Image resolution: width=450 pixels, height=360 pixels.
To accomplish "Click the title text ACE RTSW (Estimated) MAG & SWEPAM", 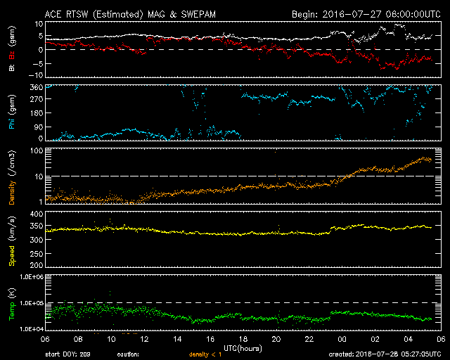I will click(x=121, y=13).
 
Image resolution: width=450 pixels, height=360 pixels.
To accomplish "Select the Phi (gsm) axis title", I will click(x=12, y=114).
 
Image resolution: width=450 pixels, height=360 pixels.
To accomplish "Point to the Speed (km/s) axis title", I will click(x=12, y=240).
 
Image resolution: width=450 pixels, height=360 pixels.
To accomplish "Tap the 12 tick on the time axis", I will click(x=144, y=339).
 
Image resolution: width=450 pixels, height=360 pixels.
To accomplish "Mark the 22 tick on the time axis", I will click(x=310, y=339).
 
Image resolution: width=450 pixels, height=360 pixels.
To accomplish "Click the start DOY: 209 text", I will click(x=67, y=354).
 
